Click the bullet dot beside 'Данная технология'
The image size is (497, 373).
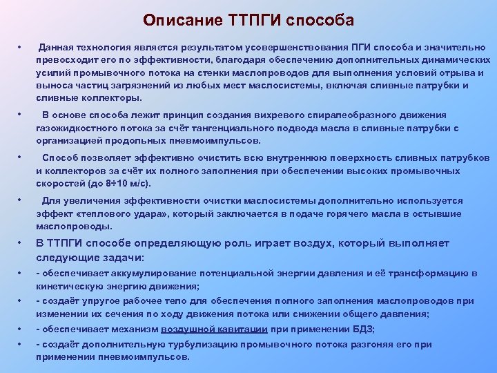point(21,47)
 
